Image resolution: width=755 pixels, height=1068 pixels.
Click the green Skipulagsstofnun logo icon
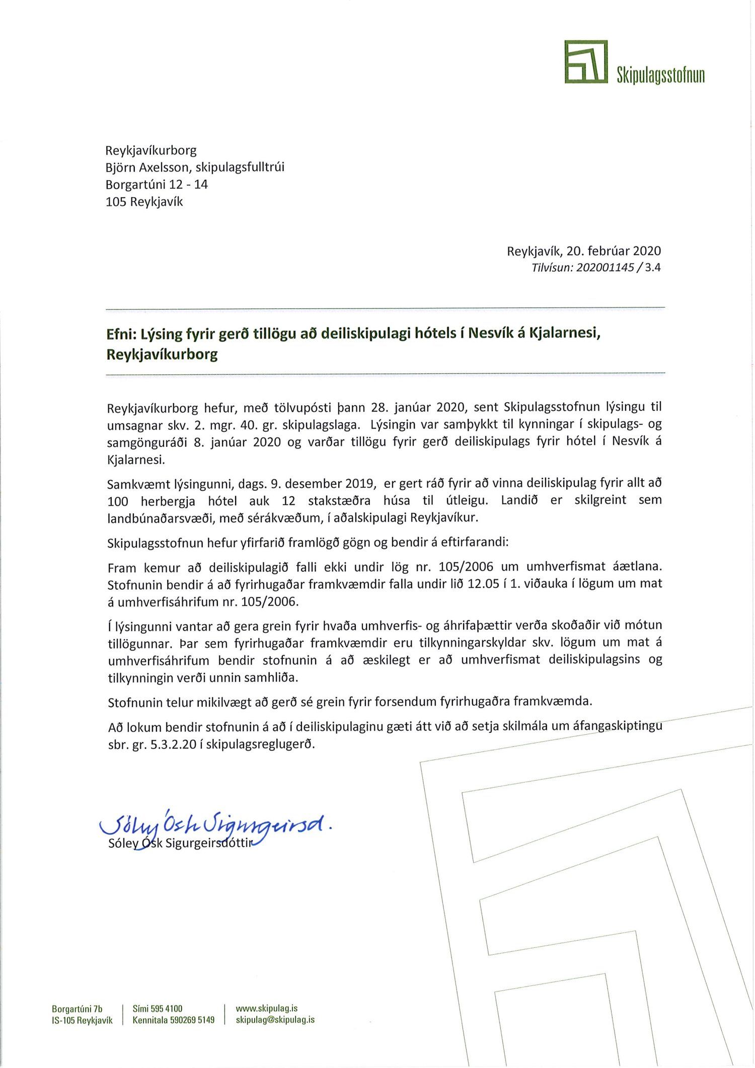(x=585, y=62)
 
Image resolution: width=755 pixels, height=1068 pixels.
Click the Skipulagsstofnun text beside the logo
(x=660, y=75)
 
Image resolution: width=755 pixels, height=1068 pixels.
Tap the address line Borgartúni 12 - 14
(x=157, y=184)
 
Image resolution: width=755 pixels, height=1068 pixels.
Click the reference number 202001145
(x=605, y=267)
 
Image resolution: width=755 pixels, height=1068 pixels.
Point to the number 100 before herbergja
(x=118, y=501)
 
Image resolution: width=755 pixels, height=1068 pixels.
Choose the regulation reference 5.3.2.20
(x=173, y=744)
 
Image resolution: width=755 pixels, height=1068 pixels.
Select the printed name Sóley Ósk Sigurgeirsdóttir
(x=180, y=843)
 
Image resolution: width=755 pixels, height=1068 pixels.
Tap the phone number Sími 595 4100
(x=158, y=1009)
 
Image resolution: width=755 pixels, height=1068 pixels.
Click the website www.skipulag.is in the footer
(x=267, y=1008)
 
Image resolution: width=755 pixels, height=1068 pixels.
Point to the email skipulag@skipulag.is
(x=275, y=1020)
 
